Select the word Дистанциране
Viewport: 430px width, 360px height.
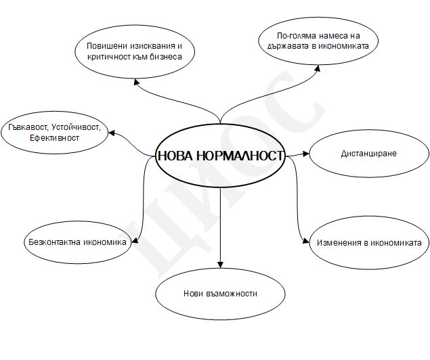pyautogui.click(x=369, y=154)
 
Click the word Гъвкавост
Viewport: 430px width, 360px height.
pyautogui.click(x=28, y=127)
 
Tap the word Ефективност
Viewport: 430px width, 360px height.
pyautogui.click(x=54, y=138)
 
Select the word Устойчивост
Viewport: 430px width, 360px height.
pyautogui.click(x=77, y=127)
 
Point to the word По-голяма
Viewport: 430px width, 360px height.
pyautogui.click(x=295, y=36)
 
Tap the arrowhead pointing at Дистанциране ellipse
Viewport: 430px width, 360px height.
pyautogui.click(x=306, y=154)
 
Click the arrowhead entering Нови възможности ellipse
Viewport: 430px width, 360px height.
pyautogui.click(x=220, y=265)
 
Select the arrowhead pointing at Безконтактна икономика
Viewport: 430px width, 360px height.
pyautogui.click(x=135, y=240)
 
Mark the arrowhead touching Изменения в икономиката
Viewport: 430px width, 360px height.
pyautogui.click(x=306, y=240)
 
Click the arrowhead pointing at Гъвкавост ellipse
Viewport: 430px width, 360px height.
pyautogui.click(x=112, y=133)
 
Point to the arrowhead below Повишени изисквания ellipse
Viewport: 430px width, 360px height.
pyautogui.click(x=137, y=82)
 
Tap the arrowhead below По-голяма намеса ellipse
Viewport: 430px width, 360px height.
pyautogui.click(x=318, y=68)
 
